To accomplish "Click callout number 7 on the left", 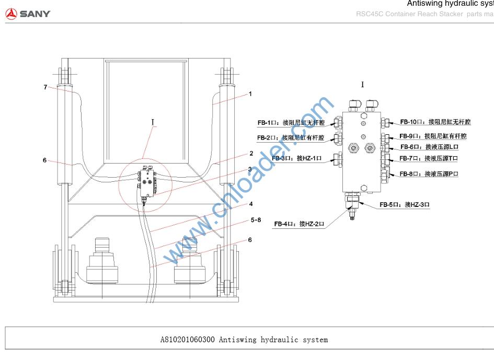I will tap(45, 87).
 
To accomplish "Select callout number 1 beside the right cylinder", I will tap(250, 94).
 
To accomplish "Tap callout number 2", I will tap(251, 154).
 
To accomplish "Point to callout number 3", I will tap(250, 169).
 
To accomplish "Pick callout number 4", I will tap(251, 204).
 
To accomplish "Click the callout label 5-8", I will tap(256, 220).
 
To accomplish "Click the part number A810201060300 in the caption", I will tap(187, 340).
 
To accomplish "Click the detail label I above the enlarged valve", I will tap(362, 85).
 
